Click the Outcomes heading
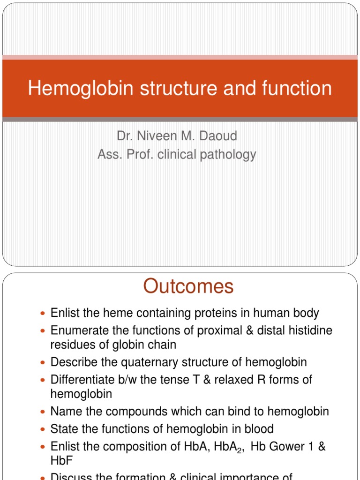click(x=188, y=286)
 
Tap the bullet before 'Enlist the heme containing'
click(x=44, y=313)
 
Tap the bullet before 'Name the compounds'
click(x=44, y=412)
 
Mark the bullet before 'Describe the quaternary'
click(x=44, y=363)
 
